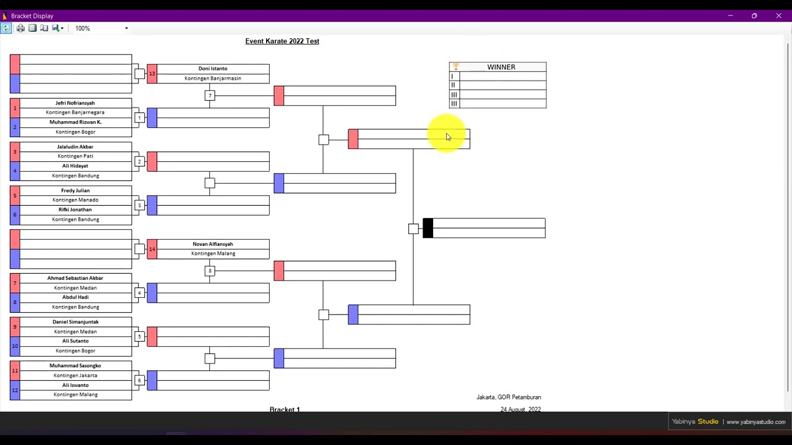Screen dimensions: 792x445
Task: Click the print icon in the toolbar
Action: pyautogui.click(x=20, y=28)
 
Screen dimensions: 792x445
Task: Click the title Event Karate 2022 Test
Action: pyautogui.click(x=282, y=41)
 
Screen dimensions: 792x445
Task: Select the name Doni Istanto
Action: pyautogui.click(x=213, y=69)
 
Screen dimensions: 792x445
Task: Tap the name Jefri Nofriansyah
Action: pyautogui.click(x=75, y=103)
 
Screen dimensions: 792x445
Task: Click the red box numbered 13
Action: pyautogui.click(x=152, y=74)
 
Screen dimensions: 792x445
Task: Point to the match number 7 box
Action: pyautogui.click(x=210, y=96)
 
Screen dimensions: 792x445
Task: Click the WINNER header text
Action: pyautogui.click(x=501, y=67)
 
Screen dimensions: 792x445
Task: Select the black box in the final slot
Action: pyautogui.click(x=428, y=228)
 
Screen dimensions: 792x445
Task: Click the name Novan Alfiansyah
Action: pyautogui.click(x=213, y=244)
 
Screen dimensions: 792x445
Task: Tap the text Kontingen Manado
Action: pyautogui.click(x=75, y=200)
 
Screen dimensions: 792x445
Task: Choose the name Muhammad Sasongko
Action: pyautogui.click(x=75, y=365)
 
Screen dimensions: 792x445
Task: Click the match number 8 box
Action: pyautogui.click(x=210, y=271)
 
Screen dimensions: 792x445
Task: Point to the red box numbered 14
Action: pyautogui.click(x=152, y=249)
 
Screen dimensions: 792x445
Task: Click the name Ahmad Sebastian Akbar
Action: pyautogui.click(x=75, y=278)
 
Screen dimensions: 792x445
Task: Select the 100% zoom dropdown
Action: pyautogui.click(x=101, y=28)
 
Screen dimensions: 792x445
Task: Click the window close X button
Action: pyautogui.click(x=778, y=16)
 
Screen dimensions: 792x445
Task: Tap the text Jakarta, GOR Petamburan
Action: pyautogui.click(x=509, y=397)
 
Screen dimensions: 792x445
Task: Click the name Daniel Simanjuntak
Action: pyautogui.click(x=75, y=322)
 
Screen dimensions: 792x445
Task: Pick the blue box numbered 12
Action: pyautogui.click(x=15, y=390)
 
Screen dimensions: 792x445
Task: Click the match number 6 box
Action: pyautogui.click(x=139, y=380)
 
